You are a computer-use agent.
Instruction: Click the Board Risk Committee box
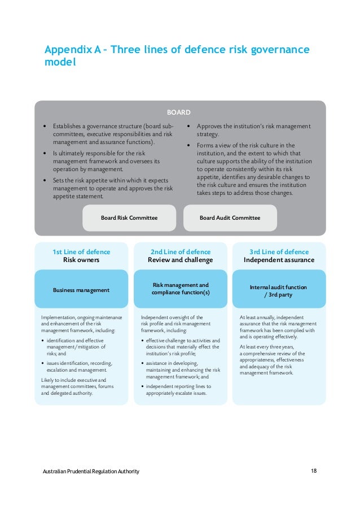point(129,217)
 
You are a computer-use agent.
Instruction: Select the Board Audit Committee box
point(230,217)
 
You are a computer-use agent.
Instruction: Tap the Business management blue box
point(81,290)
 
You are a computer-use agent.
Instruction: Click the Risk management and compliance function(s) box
point(181,289)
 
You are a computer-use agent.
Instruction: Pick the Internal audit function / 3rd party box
point(279,290)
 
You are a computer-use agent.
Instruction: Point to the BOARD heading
point(180,112)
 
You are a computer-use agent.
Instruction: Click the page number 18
point(314,471)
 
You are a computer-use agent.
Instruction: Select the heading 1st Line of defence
point(81,252)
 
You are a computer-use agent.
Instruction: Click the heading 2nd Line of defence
point(181,252)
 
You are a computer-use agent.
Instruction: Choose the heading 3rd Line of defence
point(279,252)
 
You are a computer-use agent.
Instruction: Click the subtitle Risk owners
point(81,260)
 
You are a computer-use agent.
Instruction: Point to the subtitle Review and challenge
point(181,260)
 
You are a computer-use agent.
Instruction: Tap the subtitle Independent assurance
point(279,260)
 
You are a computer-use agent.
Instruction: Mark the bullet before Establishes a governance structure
point(45,127)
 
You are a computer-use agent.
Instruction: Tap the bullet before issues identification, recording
point(44,363)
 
